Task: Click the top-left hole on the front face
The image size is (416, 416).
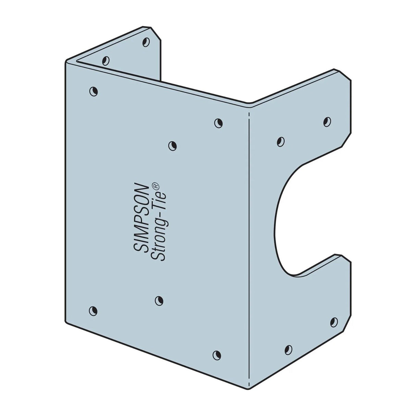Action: tap(93, 91)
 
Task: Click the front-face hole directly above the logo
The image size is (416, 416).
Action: tap(173, 145)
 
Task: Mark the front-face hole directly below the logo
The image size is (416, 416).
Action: tap(159, 301)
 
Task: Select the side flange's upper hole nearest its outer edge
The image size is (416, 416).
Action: tap(327, 121)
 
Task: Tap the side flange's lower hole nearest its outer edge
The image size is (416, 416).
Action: tap(333, 322)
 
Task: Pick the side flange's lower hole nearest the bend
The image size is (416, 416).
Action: tap(289, 349)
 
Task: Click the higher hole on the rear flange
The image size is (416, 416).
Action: tap(146, 42)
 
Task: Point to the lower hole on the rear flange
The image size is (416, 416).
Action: tap(106, 61)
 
